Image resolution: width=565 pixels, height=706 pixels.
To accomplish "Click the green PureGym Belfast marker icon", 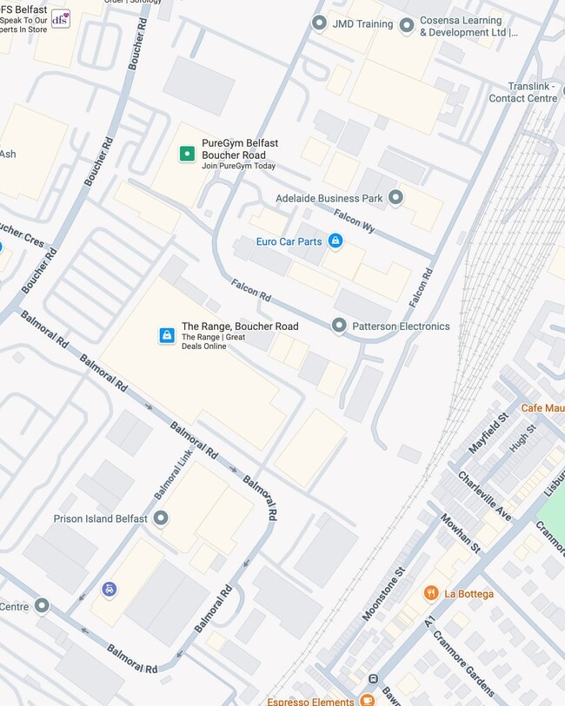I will click(186, 154).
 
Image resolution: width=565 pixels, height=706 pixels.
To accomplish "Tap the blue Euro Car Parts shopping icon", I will click(335, 241).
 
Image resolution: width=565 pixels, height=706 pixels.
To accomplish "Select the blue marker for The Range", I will click(167, 335).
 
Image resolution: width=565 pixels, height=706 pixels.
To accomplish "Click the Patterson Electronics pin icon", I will click(339, 326).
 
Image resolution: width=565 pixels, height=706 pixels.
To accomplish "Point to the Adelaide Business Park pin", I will click(396, 198).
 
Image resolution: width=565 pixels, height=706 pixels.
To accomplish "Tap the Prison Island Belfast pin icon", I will click(161, 518).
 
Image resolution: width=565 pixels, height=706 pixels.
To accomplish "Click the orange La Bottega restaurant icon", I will click(431, 593).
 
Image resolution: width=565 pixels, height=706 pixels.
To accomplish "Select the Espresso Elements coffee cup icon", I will click(368, 700).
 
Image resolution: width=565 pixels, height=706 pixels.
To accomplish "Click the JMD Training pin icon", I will click(320, 23).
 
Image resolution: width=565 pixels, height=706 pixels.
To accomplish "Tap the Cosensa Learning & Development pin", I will click(407, 25).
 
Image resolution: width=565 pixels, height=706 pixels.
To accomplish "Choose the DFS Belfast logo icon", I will click(60, 18).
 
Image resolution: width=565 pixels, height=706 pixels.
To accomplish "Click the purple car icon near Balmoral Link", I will click(110, 590).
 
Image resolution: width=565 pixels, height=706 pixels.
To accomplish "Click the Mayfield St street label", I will click(489, 433).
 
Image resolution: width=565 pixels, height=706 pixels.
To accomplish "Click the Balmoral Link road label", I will click(174, 474).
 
